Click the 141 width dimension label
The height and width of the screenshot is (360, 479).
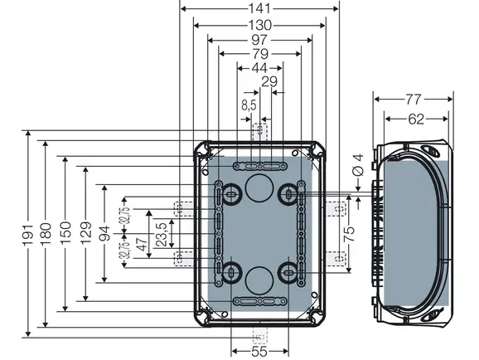point(259,8)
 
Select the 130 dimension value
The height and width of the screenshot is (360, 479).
point(259,25)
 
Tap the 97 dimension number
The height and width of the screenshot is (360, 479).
point(259,40)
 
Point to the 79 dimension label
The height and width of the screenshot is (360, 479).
point(260,54)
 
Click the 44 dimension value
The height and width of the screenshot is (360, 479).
point(259,68)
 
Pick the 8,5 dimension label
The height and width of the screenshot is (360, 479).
point(249,105)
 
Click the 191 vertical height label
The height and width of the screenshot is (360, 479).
point(27,235)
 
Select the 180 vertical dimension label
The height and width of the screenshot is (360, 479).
point(46,234)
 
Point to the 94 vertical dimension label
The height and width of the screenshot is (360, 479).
point(104,233)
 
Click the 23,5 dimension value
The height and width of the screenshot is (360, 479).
point(162,235)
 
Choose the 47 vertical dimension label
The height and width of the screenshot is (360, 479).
point(142,244)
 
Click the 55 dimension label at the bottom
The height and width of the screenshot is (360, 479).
point(259,352)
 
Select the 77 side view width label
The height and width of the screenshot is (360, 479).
point(414,99)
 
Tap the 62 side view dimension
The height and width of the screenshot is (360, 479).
point(416,119)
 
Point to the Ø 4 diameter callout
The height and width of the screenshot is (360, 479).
point(358,165)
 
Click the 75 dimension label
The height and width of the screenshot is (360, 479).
point(350,234)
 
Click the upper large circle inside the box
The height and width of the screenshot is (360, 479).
point(259,187)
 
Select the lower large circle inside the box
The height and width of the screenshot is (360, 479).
point(259,280)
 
